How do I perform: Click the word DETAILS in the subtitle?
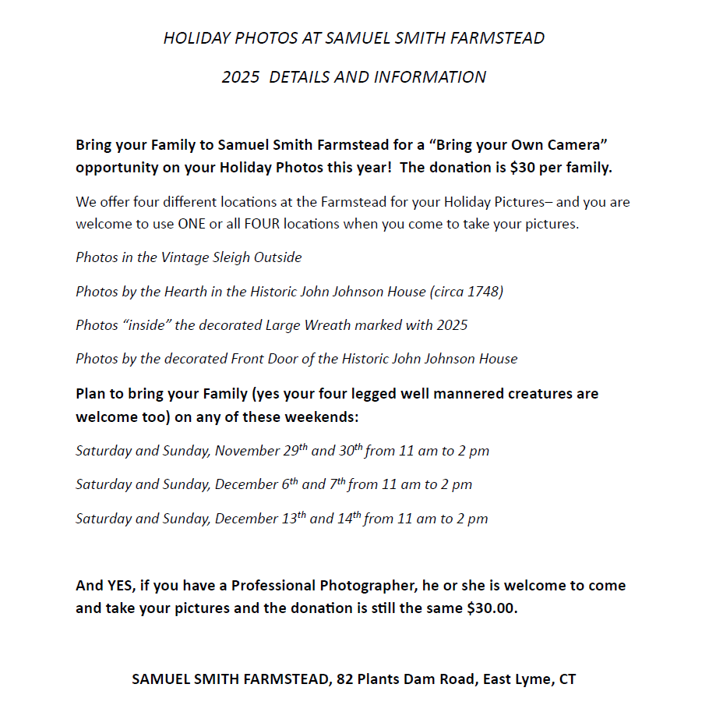coord(298,77)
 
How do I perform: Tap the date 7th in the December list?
coord(337,484)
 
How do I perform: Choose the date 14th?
coord(347,518)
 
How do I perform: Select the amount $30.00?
coord(492,608)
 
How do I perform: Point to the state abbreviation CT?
coord(567,679)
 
